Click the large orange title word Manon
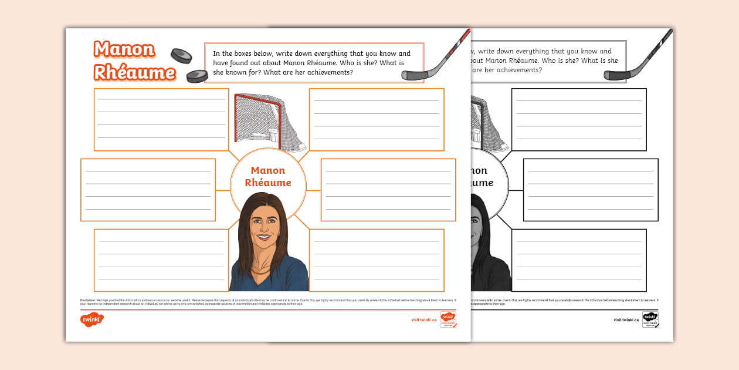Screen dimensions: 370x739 click(124, 50)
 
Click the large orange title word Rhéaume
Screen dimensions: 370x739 click(134, 72)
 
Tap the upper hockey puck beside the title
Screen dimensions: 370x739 click(181, 56)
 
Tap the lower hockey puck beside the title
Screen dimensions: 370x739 click(197, 76)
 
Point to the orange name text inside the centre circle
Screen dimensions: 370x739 click(268, 176)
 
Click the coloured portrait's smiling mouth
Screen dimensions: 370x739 click(263, 237)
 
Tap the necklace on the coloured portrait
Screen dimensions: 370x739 click(262, 271)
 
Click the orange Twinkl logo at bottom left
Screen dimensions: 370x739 click(92, 320)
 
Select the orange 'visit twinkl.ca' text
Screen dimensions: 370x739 click(423, 320)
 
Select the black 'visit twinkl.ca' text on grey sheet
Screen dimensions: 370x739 click(626, 320)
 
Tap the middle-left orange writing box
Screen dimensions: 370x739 click(148, 190)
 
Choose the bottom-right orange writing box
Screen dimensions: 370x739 click(377, 260)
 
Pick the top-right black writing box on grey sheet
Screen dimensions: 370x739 click(579, 119)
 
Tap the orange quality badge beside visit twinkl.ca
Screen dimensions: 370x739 click(448, 319)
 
